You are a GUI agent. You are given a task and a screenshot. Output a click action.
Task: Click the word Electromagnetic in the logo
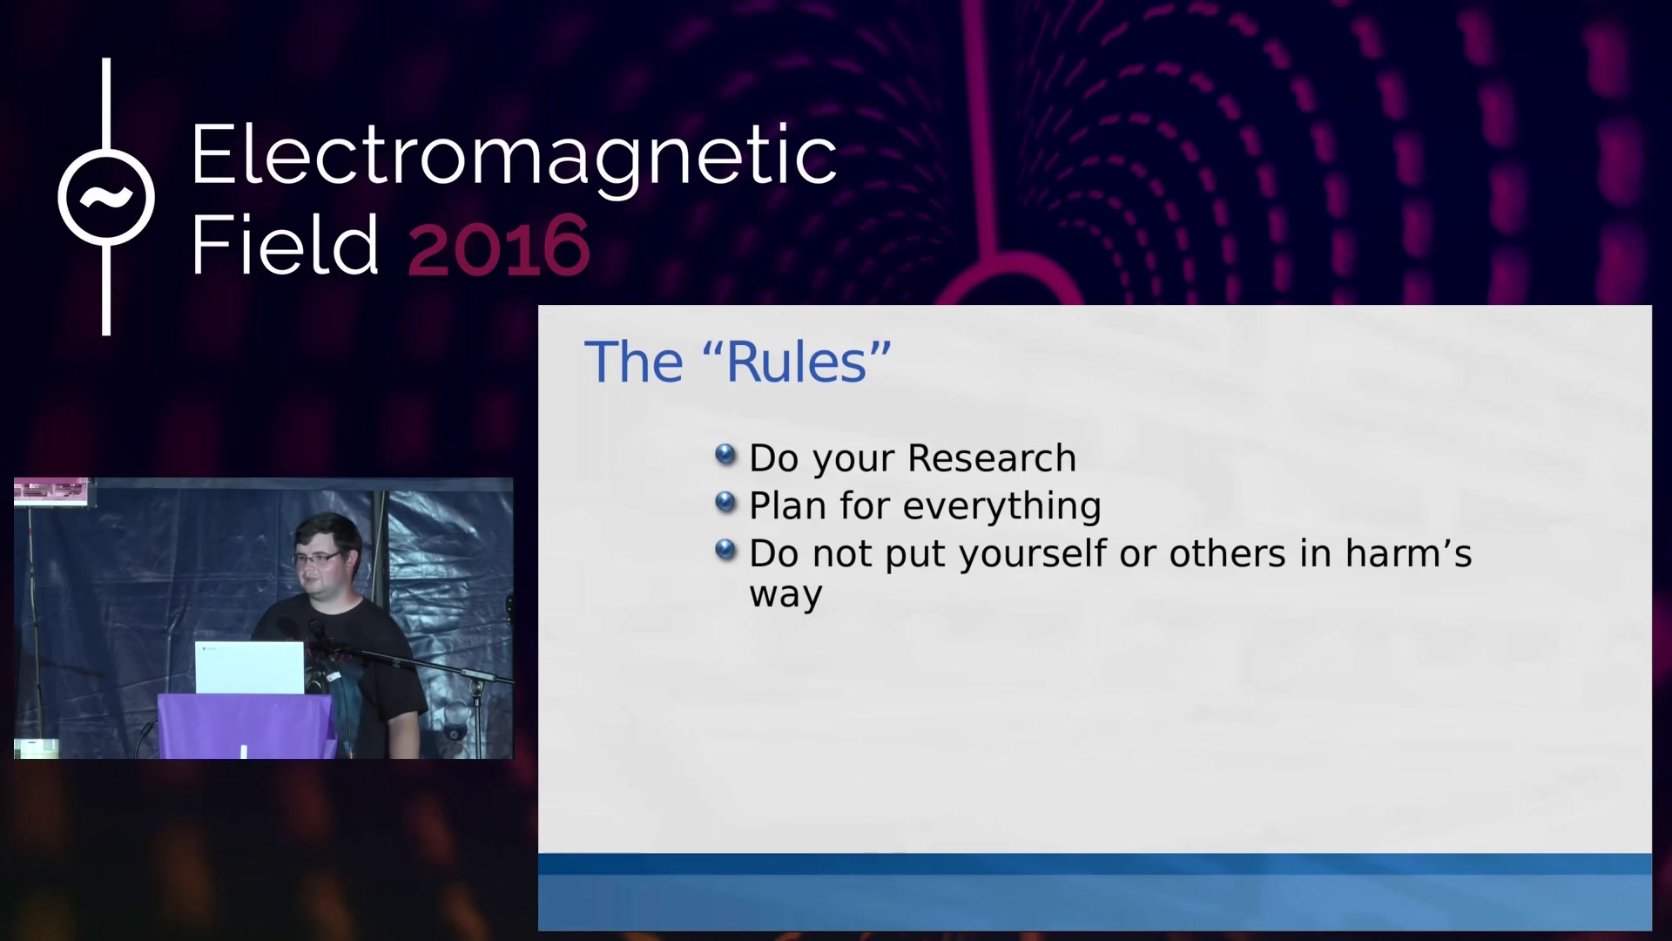(x=514, y=157)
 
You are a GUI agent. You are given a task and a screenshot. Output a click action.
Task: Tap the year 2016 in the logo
(x=499, y=247)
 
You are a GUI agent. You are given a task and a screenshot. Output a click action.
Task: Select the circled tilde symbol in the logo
(x=106, y=197)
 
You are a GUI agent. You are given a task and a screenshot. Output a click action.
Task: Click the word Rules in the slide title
(x=797, y=362)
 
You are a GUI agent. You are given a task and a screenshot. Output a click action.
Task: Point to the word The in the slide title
(x=634, y=362)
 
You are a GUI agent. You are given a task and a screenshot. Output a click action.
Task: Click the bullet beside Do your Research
(x=725, y=454)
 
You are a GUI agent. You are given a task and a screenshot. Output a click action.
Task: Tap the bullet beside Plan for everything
(x=725, y=502)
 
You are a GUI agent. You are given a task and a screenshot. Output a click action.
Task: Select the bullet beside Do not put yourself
(x=725, y=550)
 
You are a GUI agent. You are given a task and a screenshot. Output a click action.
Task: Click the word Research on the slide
(x=992, y=458)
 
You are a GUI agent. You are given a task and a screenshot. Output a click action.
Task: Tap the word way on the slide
(x=785, y=596)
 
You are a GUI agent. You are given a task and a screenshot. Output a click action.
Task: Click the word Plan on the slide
(x=787, y=506)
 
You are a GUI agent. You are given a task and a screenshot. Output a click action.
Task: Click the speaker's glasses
(x=317, y=558)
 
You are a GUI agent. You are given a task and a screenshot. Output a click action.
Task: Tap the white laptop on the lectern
(x=249, y=667)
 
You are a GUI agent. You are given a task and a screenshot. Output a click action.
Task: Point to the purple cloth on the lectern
(x=246, y=726)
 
